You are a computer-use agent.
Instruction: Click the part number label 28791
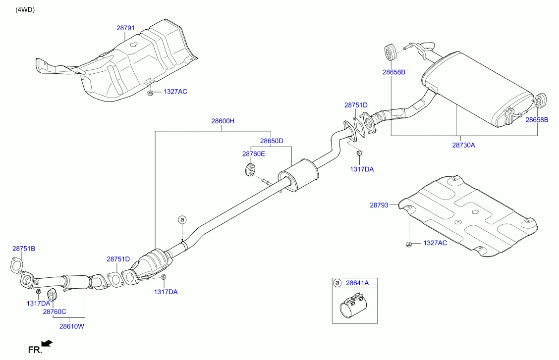click(x=125, y=28)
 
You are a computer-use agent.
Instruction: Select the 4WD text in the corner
click(x=25, y=10)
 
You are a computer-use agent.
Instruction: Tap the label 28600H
click(x=223, y=121)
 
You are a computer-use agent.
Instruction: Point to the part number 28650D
click(x=272, y=141)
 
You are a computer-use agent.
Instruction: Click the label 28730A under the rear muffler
click(x=463, y=145)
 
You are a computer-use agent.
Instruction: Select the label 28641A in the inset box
click(x=357, y=283)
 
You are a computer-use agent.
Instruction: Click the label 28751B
click(x=24, y=248)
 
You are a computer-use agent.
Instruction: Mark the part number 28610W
click(x=72, y=326)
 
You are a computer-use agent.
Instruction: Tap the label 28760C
click(x=54, y=311)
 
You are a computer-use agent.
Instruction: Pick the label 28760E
click(x=254, y=154)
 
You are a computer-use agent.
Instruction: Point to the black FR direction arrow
click(x=47, y=343)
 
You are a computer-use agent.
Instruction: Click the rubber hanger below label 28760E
click(x=250, y=170)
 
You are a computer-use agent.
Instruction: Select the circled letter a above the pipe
click(x=182, y=219)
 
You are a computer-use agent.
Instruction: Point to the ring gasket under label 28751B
click(x=17, y=265)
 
